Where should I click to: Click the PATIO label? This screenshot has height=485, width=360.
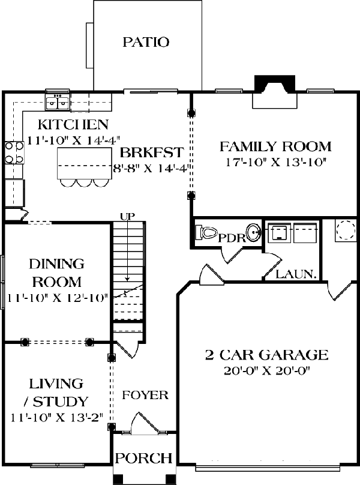tap(146, 42)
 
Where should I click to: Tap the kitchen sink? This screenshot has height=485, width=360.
tap(58, 102)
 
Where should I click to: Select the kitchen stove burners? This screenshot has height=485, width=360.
tap(14, 152)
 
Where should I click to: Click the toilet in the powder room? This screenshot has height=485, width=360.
tap(206, 232)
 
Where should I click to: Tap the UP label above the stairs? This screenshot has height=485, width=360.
tap(128, 216)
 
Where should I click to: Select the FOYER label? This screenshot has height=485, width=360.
tap(145, 395)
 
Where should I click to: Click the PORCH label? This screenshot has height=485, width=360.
tap(144, 458)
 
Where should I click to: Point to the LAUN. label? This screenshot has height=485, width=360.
tap(296, 274)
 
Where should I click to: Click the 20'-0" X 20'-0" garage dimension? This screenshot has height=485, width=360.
tap(266, 370)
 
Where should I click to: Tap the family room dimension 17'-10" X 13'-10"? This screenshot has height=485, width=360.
tap(276, 162)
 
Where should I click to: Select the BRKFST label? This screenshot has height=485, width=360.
tap(152, 152)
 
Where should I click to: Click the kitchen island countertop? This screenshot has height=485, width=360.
tap(85, 163)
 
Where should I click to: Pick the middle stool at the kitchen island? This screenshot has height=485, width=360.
tap(84, 183)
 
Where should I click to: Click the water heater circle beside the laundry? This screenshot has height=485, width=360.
tap(346, 230)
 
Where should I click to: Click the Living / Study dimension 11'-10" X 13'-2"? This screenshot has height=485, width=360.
tap(56, 418)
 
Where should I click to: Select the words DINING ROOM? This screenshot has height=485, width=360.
tap(57, 273)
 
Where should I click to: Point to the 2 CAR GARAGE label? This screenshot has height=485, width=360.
tap(266, 355)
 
